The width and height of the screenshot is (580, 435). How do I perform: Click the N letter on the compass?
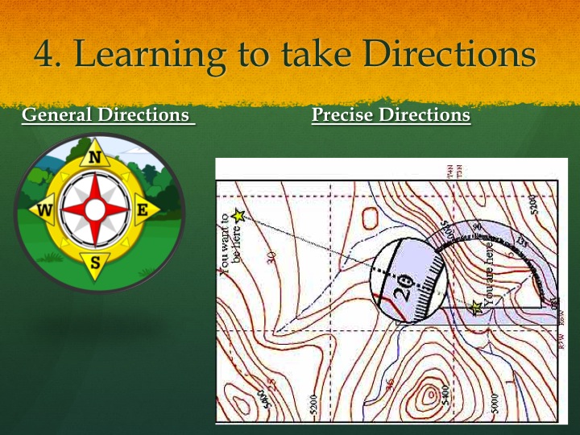tap(95, 158)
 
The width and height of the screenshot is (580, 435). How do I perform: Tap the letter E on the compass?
tap(143, 210)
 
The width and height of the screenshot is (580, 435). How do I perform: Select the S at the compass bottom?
tap(95, 262)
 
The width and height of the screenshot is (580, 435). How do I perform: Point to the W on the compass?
tap(46, 212)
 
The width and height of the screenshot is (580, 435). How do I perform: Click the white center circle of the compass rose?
tap(95, 210)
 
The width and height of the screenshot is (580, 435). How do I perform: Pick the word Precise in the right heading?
tap(342, 114)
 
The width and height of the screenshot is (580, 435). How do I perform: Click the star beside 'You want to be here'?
tap(238, 216)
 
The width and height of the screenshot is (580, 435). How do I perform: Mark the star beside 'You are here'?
tap(476, 307)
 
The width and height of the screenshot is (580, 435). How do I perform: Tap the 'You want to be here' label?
tap(229, 242)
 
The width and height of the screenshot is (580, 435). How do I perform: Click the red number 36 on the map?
tap(391, 384)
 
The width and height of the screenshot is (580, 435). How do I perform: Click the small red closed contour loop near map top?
tap(370, 217)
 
